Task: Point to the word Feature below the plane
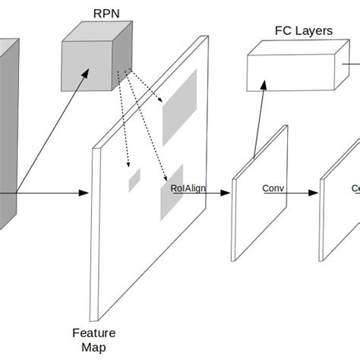(94, 333)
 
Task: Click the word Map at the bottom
(94, 348)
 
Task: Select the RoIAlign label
(188, 188)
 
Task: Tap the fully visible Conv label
(273, 188)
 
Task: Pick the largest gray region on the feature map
(179, 107)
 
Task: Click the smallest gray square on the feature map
(134, 179)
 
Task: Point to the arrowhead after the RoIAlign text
(225, 193)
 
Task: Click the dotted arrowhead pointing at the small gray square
(128, 165)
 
